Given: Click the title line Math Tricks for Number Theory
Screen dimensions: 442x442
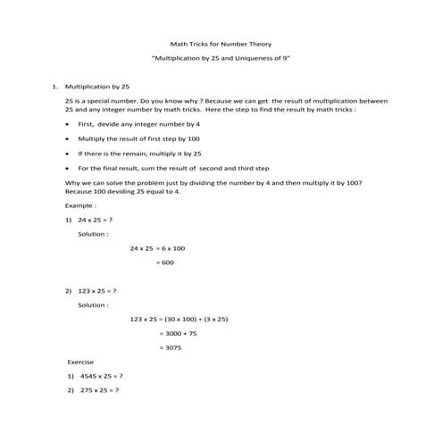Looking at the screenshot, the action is click(x=221, y=44).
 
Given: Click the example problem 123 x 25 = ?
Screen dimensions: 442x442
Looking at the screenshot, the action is click(x=97, y=291).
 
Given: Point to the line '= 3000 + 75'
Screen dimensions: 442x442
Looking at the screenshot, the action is click(x=177, y=333).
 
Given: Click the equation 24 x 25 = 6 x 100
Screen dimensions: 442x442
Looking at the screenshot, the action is click(x=157, y=247).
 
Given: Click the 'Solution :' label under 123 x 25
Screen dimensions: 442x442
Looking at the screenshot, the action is click(x=94, y=305).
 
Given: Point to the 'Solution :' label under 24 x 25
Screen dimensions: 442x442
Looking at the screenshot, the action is click(x=94, y=233).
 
